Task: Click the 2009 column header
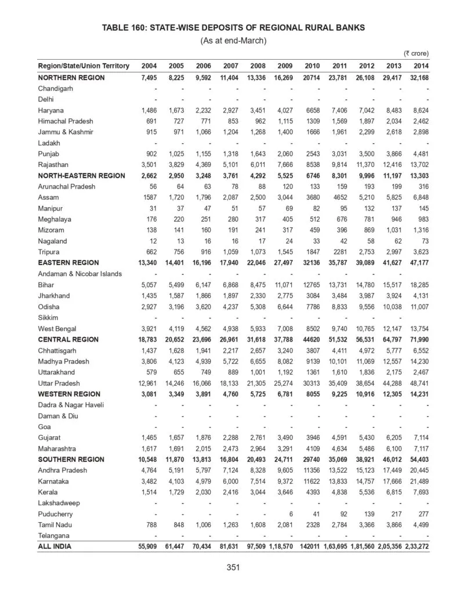pos(285,66)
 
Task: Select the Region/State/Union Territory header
pos(84,66)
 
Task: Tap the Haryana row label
pos(51,110)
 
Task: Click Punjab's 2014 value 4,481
pos(420,154)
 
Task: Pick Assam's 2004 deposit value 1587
pos(149,197)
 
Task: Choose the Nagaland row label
pos(52,241)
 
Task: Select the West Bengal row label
pos(57,328)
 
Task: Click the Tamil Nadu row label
pos(55,525)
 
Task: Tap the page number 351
pos(233,568)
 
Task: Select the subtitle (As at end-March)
pos(233,40)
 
